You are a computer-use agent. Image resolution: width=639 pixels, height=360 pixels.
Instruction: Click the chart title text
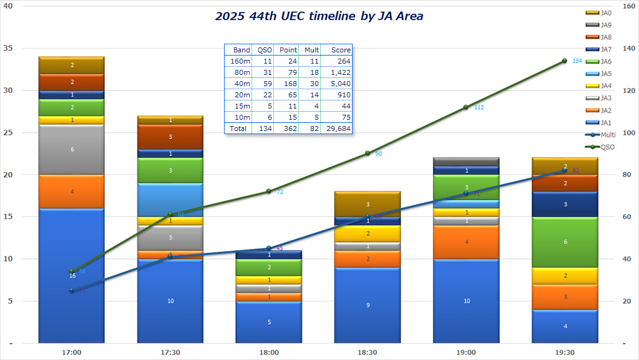click(x=319, y=16)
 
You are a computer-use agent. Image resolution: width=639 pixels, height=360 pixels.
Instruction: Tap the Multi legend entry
click(x=605, y=134)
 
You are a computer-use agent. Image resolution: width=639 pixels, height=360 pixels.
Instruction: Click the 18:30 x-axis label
click(x=367, y=353)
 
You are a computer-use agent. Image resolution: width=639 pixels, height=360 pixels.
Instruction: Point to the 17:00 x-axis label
click(x=71, y=353)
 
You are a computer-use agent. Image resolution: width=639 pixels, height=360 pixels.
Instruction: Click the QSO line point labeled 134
click(x=564, y=61)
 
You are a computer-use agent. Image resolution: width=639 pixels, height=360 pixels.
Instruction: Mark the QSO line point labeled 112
click(x=466, y=107)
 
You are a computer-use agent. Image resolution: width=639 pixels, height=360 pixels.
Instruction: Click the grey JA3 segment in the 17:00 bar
click(x=71, y=150)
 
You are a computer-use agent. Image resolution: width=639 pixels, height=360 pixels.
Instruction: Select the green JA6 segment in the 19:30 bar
click(x=564, y=242)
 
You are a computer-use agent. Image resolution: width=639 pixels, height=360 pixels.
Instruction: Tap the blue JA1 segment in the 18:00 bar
click(x=268, y=322)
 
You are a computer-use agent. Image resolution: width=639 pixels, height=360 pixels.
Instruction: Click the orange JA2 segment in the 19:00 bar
click(x=466, y=242)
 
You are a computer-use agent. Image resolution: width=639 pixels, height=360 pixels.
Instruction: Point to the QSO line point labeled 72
click(x=268, y=191)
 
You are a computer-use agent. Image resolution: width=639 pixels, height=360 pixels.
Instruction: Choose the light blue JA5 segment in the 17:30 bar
click(x=170, y=200)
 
